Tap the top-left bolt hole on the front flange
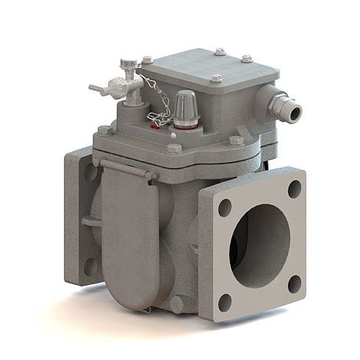224,207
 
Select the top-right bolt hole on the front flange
294,189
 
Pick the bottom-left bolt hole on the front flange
225,301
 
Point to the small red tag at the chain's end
154,126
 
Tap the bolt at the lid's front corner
215,78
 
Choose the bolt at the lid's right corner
247,59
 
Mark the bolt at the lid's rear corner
220,51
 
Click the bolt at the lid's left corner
147,60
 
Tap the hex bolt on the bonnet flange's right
236,140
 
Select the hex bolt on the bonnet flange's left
104,130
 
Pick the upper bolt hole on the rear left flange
90,173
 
